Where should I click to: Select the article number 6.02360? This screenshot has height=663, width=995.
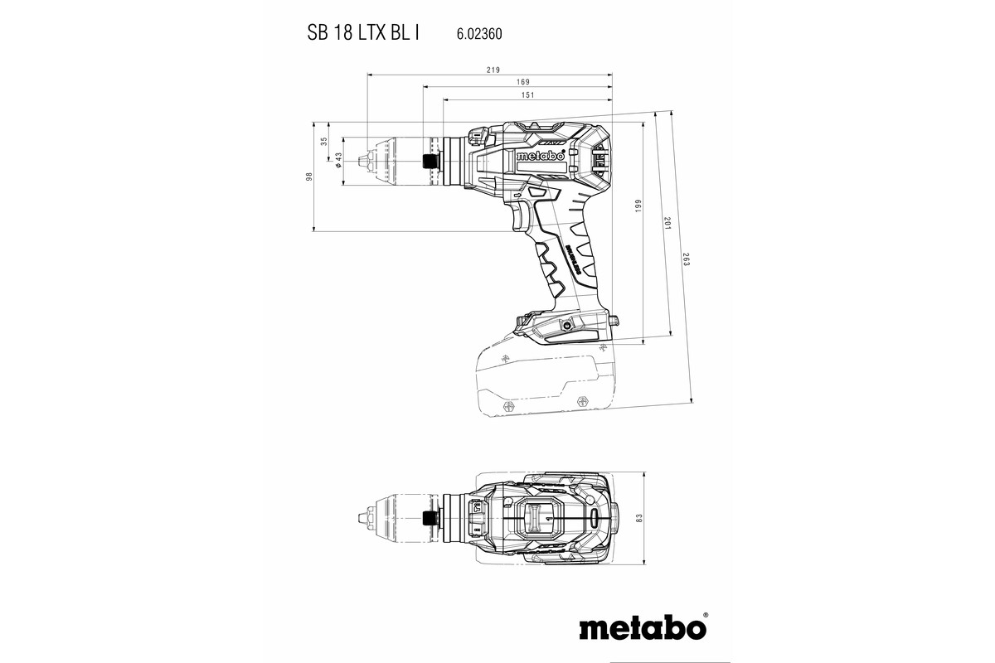[x=478, y=35]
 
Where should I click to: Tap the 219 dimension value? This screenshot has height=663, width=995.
[x=493, y=70]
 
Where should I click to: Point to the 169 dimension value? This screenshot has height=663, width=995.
[x=522, y=82]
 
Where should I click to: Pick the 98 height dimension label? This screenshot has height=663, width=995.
[x=308, y=177]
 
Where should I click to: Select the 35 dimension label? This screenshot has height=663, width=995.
[x=324, y=142]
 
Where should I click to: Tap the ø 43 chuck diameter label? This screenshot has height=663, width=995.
[x=339, y=159]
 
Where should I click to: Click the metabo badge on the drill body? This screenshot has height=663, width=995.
[x=540, y=156]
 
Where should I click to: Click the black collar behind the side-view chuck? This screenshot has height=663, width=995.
[x=431, y=161]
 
